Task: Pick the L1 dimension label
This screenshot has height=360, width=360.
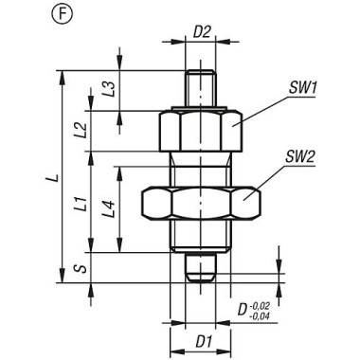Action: (83, 201)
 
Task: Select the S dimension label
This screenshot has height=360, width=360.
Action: (81, 268)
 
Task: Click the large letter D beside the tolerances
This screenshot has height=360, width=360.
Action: (243, 310)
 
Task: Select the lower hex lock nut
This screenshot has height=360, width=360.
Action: (200, 201)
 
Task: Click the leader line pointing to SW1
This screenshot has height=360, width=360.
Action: (265, 104)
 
